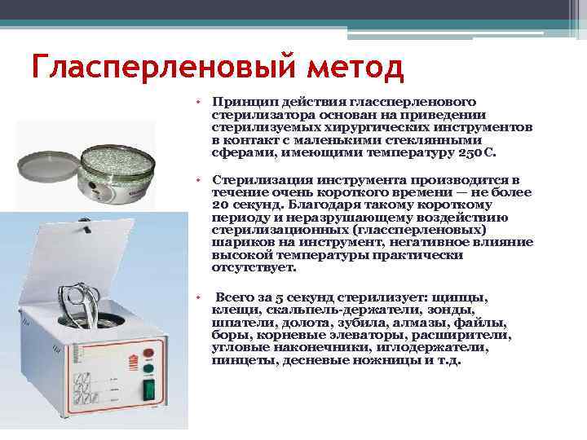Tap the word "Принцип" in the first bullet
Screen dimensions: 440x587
coord(239,102)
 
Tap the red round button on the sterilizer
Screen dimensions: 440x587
coord(149,353)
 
